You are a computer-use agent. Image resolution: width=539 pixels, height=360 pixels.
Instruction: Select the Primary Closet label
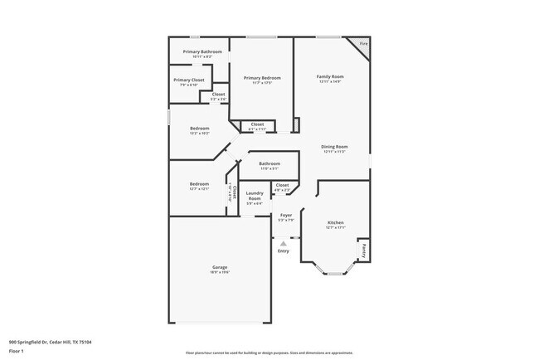click(x=188, y=80)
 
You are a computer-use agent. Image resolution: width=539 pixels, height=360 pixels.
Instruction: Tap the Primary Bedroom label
click(x=261, y=78)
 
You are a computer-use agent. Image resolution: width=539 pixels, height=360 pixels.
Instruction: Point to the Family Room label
click(x=329, y=76)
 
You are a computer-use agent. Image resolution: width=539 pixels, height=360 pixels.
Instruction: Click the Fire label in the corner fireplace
click(x=362, y=44)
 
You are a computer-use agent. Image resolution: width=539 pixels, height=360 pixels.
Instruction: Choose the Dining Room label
click(x=334, y=147)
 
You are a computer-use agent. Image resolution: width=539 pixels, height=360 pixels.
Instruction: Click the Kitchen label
click(x=335, y=222)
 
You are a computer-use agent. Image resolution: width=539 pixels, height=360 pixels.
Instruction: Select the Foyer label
click(x=285, y=215)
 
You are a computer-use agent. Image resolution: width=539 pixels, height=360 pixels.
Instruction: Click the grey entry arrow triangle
click(x=284, y=243)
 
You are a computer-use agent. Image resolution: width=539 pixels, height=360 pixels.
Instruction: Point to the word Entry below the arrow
click(x=284, y=251)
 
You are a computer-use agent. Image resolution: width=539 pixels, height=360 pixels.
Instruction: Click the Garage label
click(x=219, y=267)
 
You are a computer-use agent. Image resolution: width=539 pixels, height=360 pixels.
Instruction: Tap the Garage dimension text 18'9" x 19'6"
click(x=219, y=272)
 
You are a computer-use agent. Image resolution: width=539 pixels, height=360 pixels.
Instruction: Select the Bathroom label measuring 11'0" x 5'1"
click(x=269, y=163)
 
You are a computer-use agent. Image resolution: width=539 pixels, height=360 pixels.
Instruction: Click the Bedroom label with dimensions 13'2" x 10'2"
click(x=199, y=129)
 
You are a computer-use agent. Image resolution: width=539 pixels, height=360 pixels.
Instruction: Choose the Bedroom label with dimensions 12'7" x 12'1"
click(x=199, y=183)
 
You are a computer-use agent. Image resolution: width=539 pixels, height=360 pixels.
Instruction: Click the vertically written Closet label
click(x=234, y=192)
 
